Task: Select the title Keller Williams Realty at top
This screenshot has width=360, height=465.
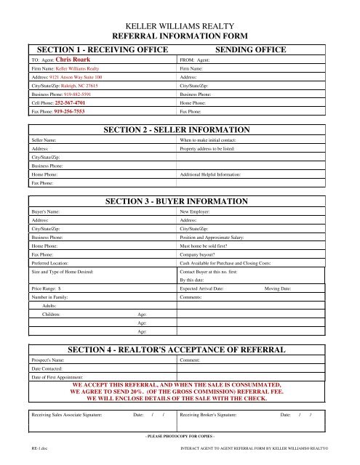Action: click(180, 25)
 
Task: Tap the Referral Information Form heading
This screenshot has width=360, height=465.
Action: click(180, 35)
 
